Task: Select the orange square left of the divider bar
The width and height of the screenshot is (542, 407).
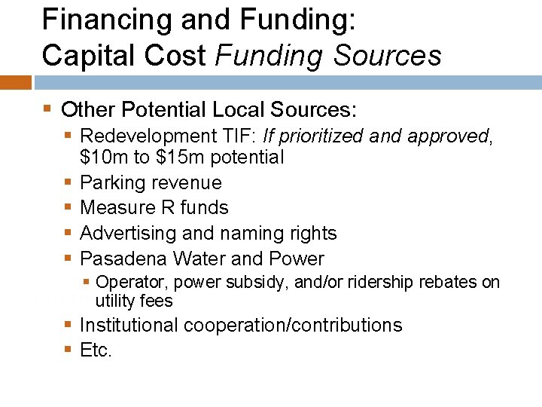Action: [16, 82]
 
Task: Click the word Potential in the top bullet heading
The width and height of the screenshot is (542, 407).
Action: [161, 111]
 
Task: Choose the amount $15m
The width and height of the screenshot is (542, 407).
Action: [178, 158]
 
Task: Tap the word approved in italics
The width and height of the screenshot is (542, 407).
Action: [448, 136]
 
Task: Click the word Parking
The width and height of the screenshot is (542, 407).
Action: [112, 183]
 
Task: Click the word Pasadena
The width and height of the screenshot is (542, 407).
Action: [123, 259]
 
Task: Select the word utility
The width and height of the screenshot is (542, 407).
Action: [113, 301]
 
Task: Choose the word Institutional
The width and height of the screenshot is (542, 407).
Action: [130, 326]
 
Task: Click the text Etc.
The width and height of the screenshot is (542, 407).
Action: [96, 350]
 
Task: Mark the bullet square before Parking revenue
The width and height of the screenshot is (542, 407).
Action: [69, 183]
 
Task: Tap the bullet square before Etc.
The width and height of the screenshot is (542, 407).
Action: [69, 350]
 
